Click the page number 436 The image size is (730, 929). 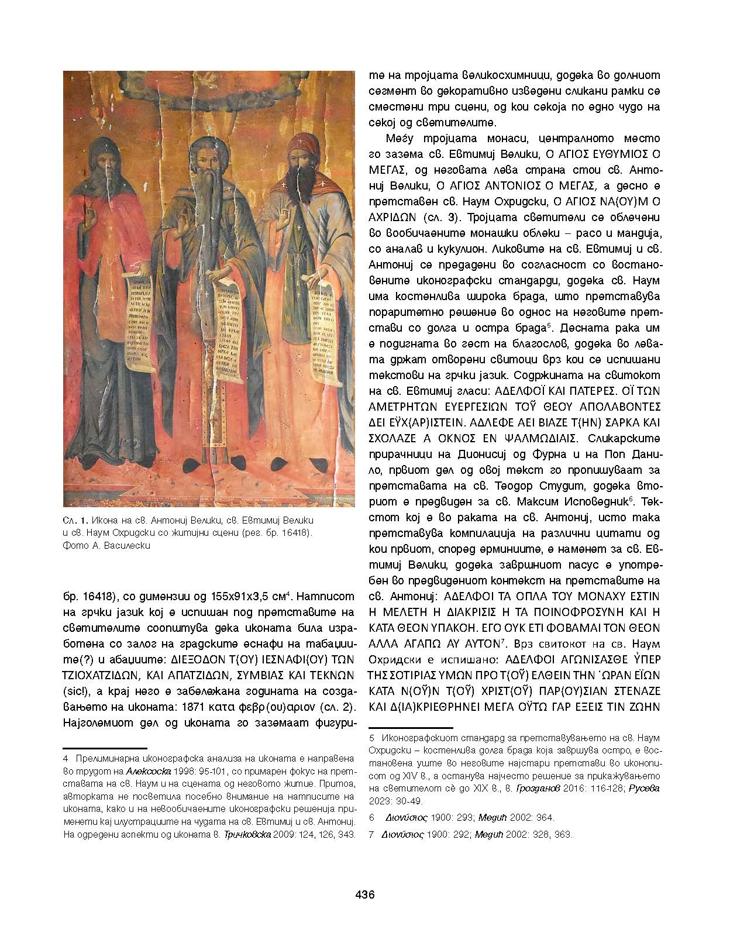point(364,894)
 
